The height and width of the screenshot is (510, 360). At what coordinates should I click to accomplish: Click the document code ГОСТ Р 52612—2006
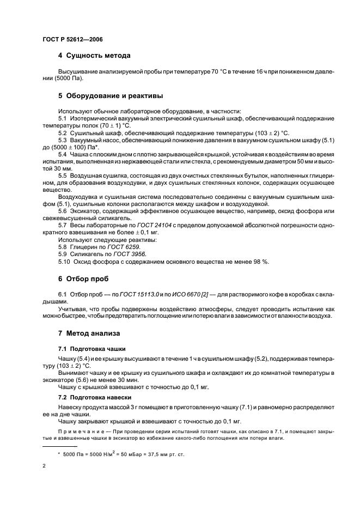tap(72, 40)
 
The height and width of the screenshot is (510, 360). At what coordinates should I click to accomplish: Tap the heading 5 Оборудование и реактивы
tap(111, 96)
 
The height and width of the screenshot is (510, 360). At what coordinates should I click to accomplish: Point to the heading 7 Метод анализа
tap(89, 333)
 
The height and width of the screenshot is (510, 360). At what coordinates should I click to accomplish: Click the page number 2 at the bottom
tap(44, 466)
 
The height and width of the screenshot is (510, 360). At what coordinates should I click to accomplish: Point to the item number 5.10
tap(65, 262)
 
